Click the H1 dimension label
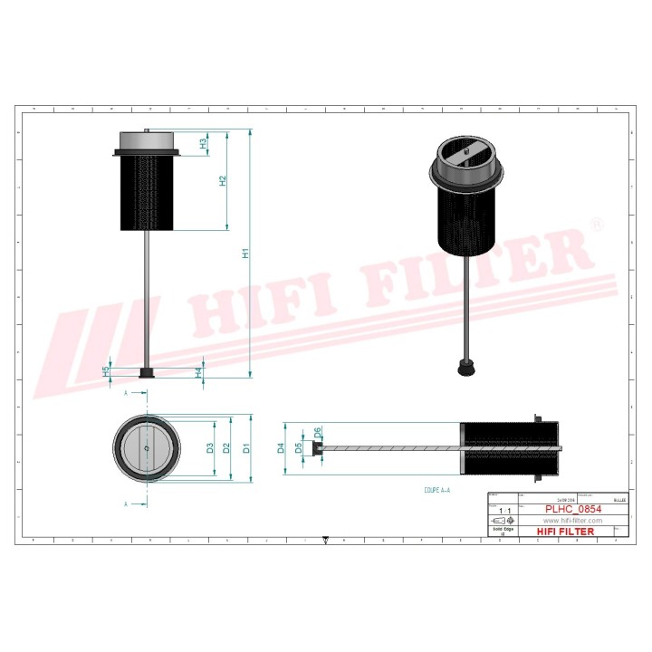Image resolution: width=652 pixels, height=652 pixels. point(244,254)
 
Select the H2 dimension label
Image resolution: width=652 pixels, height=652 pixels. point(223,180)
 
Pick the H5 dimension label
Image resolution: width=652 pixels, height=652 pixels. point(106,370)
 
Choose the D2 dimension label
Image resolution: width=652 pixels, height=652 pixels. point(228,448)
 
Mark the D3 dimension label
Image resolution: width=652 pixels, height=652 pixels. point(210,448)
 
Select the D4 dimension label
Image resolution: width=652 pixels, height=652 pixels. point(282,447)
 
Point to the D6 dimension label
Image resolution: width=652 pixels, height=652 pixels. point(317,433)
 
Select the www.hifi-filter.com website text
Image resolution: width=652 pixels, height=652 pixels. point(571,521)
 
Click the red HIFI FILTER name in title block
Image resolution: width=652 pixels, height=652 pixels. point(566,532)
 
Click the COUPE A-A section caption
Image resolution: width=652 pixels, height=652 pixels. point(436,489)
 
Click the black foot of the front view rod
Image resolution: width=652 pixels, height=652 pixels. point(145,373)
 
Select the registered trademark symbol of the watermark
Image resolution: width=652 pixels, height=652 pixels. point(596,225)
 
